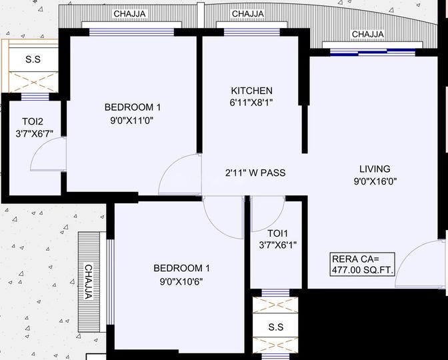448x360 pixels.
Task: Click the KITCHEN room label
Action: click(x=251, y=91)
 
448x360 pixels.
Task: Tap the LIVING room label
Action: click(x=375, y=169)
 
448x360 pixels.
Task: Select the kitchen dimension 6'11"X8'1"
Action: click(x=251, y=102)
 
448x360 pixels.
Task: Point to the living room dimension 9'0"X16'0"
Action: click(x=375, y=181)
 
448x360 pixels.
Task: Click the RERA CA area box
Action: click(x=362, y=264)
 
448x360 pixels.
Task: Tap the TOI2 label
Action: click(x=33, y=122)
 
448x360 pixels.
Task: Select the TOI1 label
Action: click(x=277, y=233)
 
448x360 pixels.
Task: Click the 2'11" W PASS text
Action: click(x=255, y=173)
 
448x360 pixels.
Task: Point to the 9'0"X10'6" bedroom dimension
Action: click(x=181, y=282)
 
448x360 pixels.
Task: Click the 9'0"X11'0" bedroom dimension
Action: click(x=132, y=121)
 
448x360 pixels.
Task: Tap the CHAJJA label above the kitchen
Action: click(x=248, y=14)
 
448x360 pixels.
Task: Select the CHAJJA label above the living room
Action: click(x=368, y=34)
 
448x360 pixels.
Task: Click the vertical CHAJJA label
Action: click(x=89, y=282)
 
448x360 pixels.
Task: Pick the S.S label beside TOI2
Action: click(x=33, y=59)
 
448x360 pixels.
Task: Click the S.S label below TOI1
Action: click(x=276, y=327)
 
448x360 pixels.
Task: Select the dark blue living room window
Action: click(x=373, y=52)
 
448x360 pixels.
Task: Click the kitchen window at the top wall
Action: click(x=252, y=32)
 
